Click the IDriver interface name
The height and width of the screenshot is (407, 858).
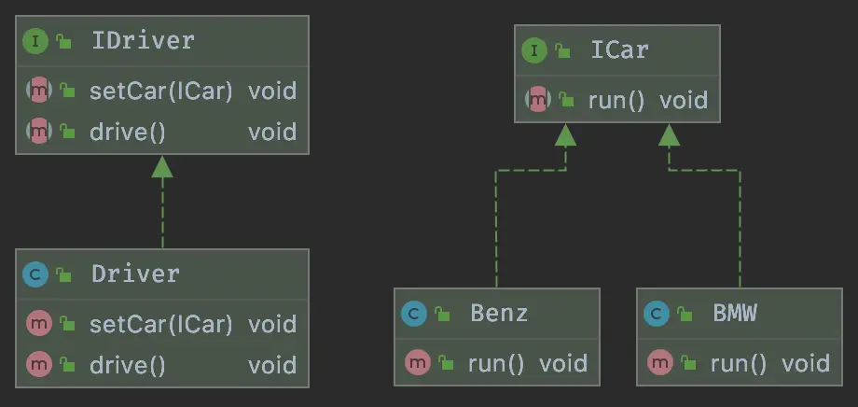143,40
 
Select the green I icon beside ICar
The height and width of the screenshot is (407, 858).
534,51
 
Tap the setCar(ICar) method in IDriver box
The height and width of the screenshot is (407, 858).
160,91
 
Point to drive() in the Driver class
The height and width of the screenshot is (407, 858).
128,365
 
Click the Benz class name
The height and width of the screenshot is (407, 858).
499,314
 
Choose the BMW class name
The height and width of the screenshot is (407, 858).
734,314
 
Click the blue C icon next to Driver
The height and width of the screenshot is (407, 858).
35,275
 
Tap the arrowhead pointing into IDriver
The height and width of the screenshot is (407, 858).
162,166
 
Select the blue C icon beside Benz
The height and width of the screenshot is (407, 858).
414,314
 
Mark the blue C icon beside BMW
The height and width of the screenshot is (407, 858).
656,314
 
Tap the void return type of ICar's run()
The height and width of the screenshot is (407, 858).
683,101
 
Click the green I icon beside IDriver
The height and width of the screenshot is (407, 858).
35,42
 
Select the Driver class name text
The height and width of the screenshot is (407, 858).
136,274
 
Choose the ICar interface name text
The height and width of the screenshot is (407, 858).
619,49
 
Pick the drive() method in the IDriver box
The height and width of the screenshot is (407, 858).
128,132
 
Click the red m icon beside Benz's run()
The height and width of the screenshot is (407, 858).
418,362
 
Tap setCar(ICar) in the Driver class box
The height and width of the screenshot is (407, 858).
160,324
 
